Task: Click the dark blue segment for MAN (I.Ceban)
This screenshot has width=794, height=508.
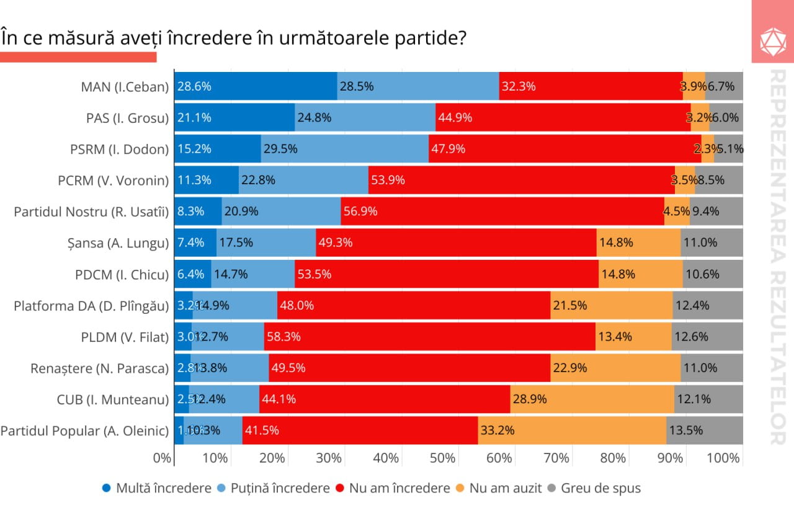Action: click(256, 86)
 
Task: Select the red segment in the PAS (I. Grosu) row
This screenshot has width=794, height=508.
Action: click(563, 117)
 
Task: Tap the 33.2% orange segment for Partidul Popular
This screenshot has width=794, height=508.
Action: click(572, 430)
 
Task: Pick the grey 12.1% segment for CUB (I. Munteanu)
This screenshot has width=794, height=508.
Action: click(708, 399)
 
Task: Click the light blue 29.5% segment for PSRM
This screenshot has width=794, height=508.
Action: click(344, 149)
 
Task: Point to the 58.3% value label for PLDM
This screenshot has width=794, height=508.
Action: click(283, 337)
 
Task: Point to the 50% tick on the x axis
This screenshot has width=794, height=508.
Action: click(443, 458)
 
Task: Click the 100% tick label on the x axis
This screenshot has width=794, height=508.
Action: click(723, 458)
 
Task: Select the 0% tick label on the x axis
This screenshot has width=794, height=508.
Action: click(161, 458)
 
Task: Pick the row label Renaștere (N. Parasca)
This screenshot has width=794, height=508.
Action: click(99, 368)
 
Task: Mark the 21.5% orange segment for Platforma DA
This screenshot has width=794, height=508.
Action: click(611, 305)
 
